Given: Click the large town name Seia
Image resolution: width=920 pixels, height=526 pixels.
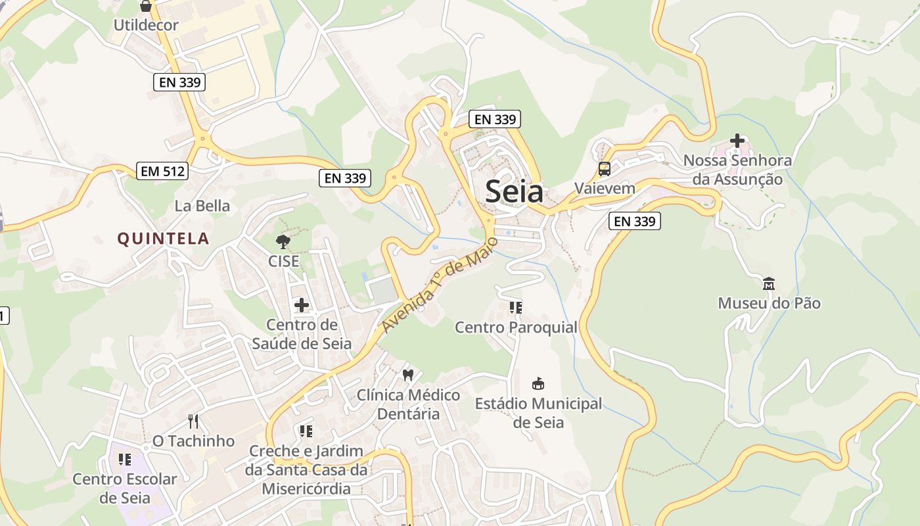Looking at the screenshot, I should coord(514,191).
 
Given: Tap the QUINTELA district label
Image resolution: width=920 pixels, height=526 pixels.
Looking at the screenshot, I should coord(163,239).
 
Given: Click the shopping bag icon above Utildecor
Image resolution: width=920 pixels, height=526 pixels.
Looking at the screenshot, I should coord(146,7).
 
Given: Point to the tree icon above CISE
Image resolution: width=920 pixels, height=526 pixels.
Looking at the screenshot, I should coord(283,242).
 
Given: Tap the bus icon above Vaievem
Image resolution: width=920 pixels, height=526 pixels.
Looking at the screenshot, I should coord(605,169).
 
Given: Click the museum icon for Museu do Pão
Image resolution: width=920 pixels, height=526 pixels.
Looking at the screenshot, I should coord(768,284).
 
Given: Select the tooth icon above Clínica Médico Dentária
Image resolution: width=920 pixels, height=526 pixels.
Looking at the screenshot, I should coord(407,375).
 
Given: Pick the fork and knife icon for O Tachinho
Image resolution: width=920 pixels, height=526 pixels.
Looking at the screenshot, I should coord(193,421).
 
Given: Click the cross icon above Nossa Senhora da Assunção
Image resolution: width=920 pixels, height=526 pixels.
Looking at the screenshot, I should coord(737,141).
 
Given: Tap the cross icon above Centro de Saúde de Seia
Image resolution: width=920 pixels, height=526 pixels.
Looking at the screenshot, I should coord(302,305).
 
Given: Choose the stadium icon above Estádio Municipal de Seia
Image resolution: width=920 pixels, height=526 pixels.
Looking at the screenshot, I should coord(538,383).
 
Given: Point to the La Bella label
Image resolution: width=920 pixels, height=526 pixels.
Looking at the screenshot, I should coord(202,206).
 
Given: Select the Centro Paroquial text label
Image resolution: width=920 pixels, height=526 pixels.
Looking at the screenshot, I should coord(516,327).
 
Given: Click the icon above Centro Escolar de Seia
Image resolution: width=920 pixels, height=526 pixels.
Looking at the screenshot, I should coord(125,460).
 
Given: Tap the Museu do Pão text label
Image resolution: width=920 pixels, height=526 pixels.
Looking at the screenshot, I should coord(769,303).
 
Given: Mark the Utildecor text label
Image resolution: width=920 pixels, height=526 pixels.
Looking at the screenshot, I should coord(146,26).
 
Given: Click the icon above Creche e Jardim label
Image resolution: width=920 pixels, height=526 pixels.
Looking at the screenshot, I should coord(306,431).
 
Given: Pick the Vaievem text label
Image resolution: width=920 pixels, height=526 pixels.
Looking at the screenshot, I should coord(605,188).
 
